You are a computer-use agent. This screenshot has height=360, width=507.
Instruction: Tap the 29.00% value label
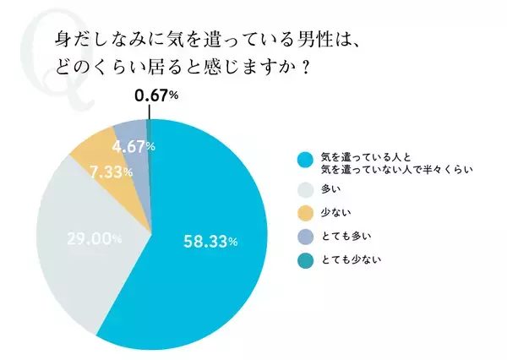point(94,239)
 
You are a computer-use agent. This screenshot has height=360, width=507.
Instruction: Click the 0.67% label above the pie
point(156,96)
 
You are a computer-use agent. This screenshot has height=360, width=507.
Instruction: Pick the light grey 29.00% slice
point(80,270)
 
